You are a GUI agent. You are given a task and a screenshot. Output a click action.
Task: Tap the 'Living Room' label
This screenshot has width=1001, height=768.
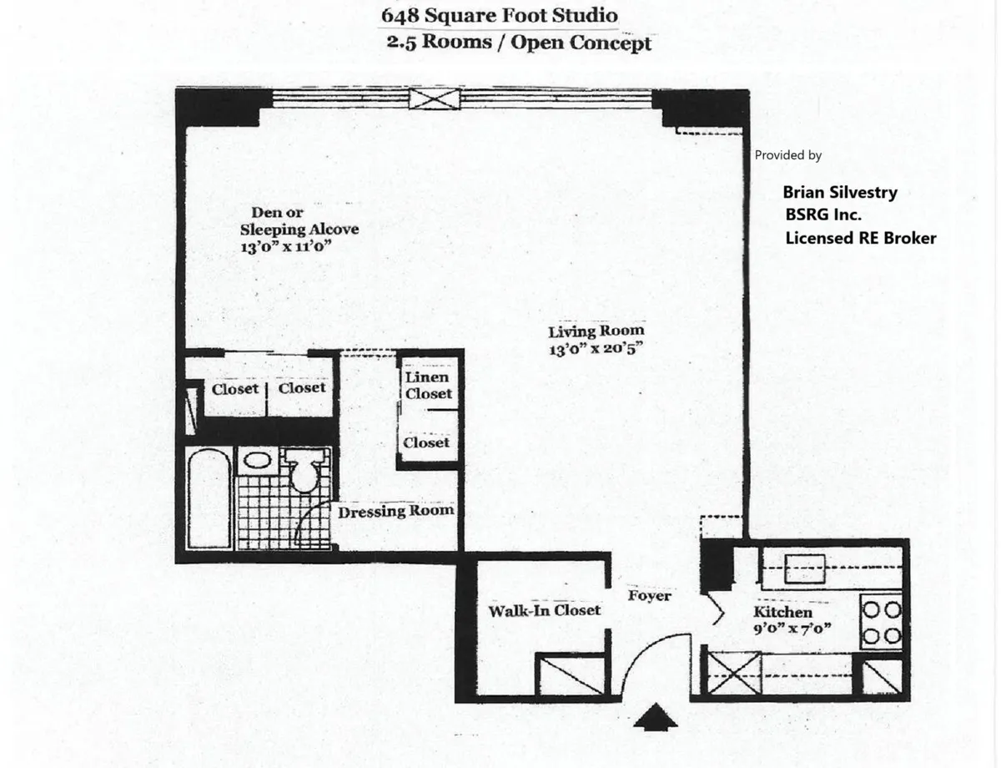[x=596, y=331]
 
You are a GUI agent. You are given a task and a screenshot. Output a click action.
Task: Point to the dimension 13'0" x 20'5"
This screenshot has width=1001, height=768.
[x=596, y=350]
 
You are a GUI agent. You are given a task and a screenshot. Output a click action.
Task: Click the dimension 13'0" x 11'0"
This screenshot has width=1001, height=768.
[x=288, y=248]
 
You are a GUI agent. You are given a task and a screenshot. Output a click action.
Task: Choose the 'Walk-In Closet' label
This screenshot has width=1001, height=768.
[x=544, y=610]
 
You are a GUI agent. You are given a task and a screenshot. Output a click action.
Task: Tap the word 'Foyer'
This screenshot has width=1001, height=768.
[x=649, y=596]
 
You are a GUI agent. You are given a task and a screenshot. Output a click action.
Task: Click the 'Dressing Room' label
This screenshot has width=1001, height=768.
[x=396, y=511]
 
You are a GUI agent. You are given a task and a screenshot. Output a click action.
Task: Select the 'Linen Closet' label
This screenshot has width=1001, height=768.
[x=428, y=386]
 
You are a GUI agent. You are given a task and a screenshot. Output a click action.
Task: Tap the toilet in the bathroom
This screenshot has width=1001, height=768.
[x=302, y=470]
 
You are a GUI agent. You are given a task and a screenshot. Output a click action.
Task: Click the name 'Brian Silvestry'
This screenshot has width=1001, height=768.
[x=840, y=192]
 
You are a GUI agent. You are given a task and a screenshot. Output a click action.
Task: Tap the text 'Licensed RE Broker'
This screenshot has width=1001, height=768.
[x=861, y=238]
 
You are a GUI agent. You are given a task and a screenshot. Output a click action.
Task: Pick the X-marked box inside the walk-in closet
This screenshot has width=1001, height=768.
[x=561, y=675]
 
